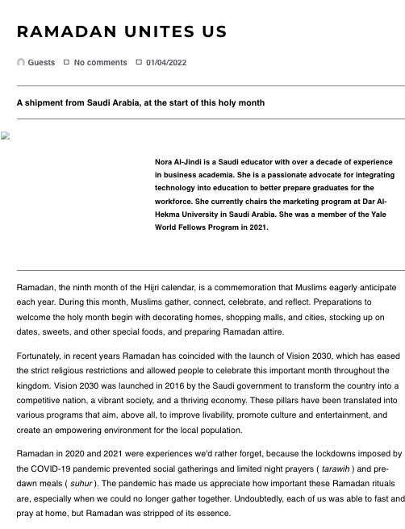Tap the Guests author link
point(41,62)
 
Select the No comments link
point(100,62)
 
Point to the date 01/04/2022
point(167,62)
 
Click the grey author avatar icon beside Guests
point(21,62)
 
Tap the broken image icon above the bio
point(5,136)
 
